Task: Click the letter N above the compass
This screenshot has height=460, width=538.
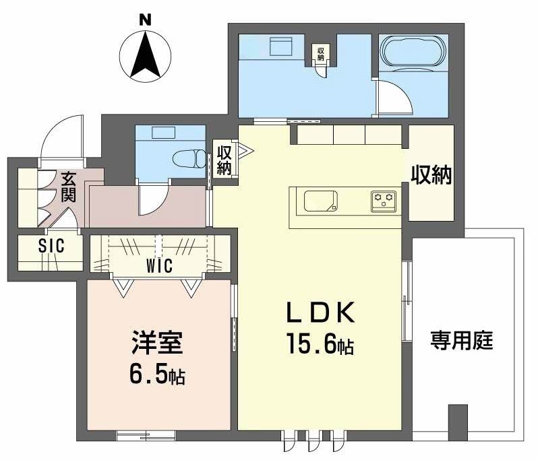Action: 144,20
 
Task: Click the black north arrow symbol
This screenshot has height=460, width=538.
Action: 145,55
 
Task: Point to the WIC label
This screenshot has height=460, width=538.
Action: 160,265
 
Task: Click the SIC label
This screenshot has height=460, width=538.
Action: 51,247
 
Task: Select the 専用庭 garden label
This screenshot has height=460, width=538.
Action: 462,341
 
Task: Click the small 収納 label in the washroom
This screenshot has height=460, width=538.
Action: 321,53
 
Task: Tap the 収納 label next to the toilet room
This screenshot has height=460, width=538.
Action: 224,158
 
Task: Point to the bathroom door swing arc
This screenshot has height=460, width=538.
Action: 394,99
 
